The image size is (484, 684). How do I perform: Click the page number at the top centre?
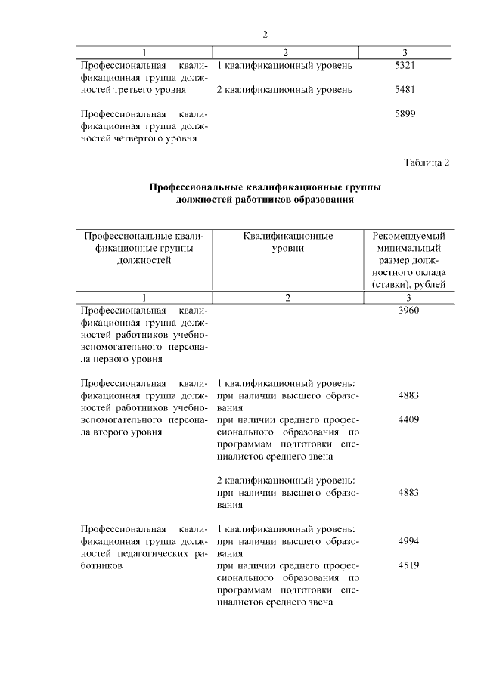point(265,35)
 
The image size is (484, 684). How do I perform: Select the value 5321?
point(407,66)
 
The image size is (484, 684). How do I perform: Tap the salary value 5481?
point(407,90)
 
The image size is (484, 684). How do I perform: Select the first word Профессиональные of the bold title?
point(196,187)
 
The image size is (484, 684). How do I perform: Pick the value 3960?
point(407,310)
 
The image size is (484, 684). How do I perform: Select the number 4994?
point(407,541)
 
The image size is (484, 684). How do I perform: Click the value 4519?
point(407,565)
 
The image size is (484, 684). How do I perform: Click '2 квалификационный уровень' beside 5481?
point(284,90)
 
